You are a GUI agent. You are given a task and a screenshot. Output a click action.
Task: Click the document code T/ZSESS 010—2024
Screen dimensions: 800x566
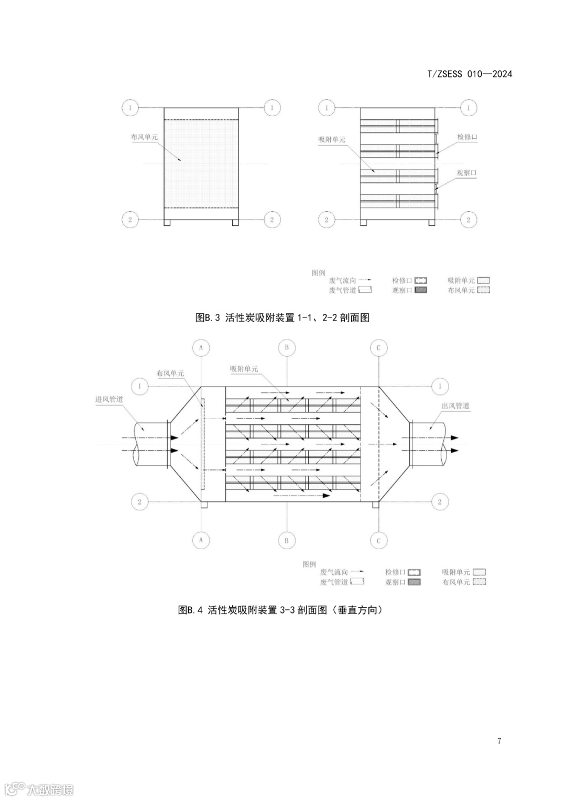click(x=470, y=74)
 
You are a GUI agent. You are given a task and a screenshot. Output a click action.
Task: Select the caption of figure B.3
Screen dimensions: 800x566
click(x=282, y=317)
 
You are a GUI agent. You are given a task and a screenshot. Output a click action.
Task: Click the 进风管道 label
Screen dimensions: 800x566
click(x=109, y=399)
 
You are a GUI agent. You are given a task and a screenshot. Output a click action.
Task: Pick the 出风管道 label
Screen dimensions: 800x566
click(x=455, y=406)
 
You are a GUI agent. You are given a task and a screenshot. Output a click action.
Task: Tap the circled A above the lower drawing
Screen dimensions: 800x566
click(x=201, y=347)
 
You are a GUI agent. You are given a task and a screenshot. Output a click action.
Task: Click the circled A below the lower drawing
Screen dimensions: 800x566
click(x=201, y=540)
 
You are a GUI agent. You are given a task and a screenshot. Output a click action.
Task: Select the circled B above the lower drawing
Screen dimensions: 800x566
click(x=287, y=347)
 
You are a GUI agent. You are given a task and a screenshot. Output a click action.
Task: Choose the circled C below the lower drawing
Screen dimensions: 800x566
click(x=378, y=540)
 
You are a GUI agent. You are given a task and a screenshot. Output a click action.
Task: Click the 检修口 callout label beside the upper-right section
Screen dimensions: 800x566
click(x=467, y=137)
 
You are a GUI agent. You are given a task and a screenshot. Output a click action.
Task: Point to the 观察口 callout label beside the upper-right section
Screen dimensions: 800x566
click(x=466, y=172)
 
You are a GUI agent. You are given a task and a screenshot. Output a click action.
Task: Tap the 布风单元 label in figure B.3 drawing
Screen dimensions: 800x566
click(x=144, y=137)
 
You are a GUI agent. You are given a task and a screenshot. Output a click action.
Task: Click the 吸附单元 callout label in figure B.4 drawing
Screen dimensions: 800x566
click(x=244, y=369)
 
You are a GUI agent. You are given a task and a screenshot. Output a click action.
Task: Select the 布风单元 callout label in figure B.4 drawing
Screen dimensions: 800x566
click(x=170, y=374)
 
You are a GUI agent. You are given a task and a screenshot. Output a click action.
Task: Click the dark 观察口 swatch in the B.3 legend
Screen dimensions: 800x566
click(x=421, y=290)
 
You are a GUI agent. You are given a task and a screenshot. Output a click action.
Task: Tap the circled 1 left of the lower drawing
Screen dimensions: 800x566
click(x=139, y=387)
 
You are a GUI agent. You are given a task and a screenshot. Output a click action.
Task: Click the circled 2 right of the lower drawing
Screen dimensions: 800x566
click(x=439, y=502)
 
